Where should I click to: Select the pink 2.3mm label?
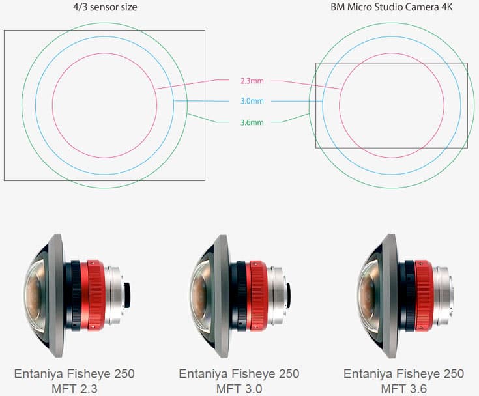pyautogui.click(x=252, y=81)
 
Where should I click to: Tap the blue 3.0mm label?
pyautogui.click(x=252, y=102)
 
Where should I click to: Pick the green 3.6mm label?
pyautogui.click(x=252, y=122)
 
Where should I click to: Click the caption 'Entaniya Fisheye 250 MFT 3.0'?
pyautogui.click(x=239, y=381)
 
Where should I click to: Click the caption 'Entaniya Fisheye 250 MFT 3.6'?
pyautogui.click(x=404, y=381)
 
